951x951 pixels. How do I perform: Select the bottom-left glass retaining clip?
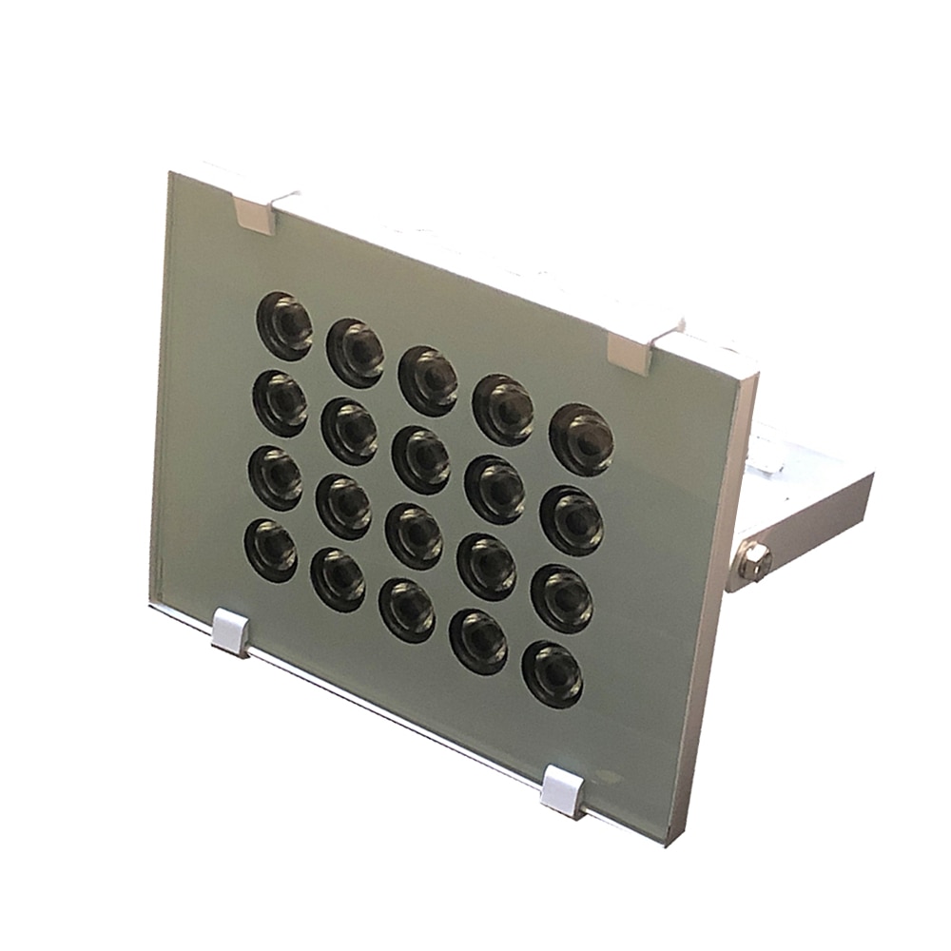point(230,632)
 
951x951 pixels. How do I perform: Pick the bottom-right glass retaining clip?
point(563,792)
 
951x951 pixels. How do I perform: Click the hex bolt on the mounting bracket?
point(753,561)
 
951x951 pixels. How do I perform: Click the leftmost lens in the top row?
point(284,325)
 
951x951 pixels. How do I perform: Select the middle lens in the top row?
point(429,380)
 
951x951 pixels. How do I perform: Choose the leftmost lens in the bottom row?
point(271,551)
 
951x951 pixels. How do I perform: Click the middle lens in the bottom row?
point(408,610)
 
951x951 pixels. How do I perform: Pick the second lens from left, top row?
point(357,352)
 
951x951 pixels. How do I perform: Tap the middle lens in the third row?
point(414,535)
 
